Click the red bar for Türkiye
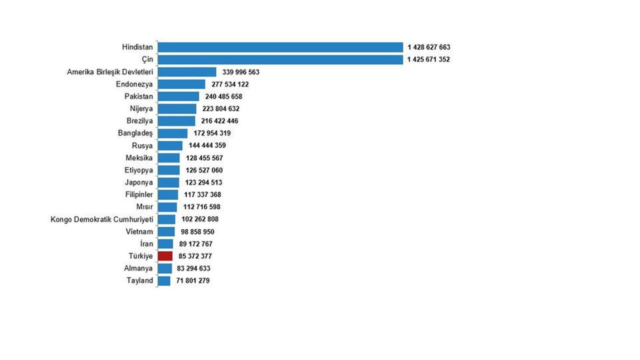click(x=165, y=256)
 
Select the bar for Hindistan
click(x=280, y=47)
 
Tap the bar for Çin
click(x=280, y=59)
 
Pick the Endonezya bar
click(x=181, y=84)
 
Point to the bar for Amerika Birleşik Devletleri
click(x=187, y=71)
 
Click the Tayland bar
click(x=164, y=280)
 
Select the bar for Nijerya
click(x=177, y=108)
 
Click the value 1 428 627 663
click(x=428, y=47)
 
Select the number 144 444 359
click(x=206, y=145)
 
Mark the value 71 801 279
click(x=192, y=280)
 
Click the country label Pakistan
click(x=138, y=96)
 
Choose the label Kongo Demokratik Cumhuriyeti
click(x=102, y=219)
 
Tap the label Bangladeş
click(x=135, y=133)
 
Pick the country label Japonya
click(x=139, y=182)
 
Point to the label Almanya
click(x=138, y=268)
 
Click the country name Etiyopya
click(x=138, y=170)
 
